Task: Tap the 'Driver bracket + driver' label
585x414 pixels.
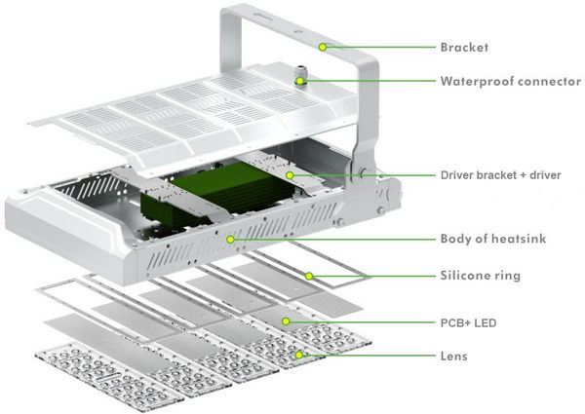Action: click(x=505, y=175)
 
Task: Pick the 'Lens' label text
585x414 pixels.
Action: click(x=454, y=357)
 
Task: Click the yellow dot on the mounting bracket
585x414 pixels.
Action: click(x=323, y=47)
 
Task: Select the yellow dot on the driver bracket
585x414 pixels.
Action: click(x=289, y=175)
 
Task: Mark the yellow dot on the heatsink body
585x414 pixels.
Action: click(x=230, y=240)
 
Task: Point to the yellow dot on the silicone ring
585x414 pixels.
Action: click(x=308, y=276)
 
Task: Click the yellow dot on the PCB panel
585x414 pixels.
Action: click(x=285, y=320)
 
